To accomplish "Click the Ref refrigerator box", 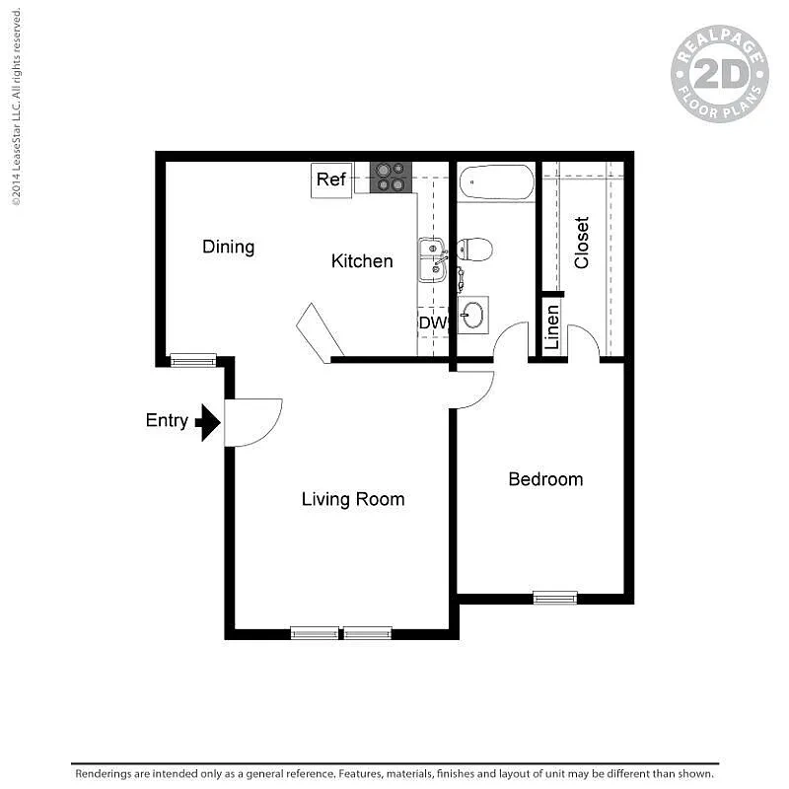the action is pos(331,179).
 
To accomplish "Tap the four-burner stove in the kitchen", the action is pos(391,178).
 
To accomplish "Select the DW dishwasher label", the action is pos(433,323).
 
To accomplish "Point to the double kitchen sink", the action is pos(433,260).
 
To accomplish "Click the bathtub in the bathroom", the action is pos(496,182).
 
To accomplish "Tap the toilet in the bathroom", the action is pos(474,250).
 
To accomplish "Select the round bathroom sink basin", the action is pos(473,315).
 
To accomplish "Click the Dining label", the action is pos(229,247).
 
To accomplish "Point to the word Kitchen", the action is pos(362,261).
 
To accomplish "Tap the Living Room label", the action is pos(353,499).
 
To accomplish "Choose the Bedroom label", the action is pos(546,479).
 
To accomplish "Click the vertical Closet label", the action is pos(581,243).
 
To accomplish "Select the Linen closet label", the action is pos(552,327).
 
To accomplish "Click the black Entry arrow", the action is pos(208,423).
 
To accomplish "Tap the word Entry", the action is pos(167,420).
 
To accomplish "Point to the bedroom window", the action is pos(555,598).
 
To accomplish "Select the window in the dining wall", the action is pos(193,360).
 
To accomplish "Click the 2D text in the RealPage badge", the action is pos(720,74).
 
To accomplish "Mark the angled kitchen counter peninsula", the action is pos(320,332).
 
